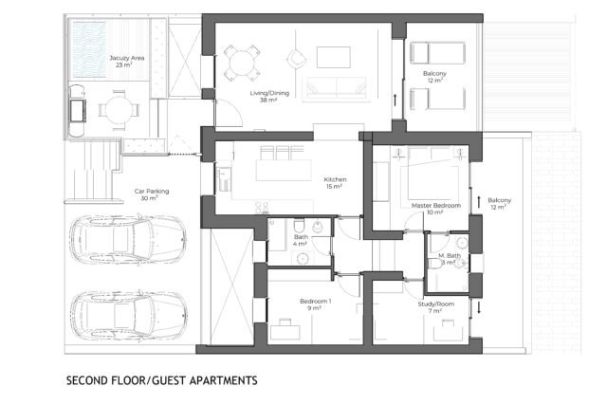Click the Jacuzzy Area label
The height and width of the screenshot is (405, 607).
[126, 58]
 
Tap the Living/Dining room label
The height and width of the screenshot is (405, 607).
[269, 93]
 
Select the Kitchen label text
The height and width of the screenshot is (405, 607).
[335, 179]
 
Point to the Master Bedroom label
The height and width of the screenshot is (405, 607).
[436, 205]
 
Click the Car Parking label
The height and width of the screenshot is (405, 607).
[152, 192]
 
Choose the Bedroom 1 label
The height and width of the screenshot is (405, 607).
[316, 302]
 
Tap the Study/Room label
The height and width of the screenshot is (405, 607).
[436, 304]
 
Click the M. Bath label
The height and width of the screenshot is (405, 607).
[450, 255]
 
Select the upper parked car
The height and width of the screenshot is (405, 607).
[128, 239]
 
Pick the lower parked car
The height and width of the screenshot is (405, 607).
[129, 314]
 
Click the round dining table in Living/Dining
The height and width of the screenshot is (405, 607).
[241, 64]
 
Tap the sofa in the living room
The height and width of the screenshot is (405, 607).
[336, 87]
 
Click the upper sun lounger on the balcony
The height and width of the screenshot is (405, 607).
[437, 53]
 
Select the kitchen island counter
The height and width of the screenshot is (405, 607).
[284, 171]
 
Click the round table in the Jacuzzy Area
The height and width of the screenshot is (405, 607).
[119, 110]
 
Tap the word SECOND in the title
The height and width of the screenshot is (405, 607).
[86, 380]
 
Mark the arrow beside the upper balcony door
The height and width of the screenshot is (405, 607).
[395, 100]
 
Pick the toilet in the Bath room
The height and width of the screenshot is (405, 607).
[300, 226]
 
